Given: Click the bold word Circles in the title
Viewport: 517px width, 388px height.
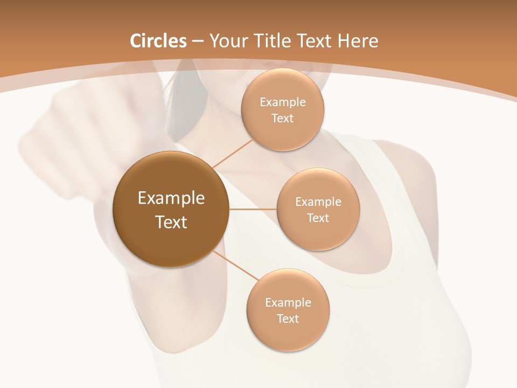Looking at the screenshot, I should coord(158,41).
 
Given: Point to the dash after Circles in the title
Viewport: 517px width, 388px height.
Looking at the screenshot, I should coord(198,41).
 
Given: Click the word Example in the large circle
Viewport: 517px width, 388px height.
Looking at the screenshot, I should coord(171,198).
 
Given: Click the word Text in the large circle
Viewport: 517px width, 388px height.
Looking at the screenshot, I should coord(171,222).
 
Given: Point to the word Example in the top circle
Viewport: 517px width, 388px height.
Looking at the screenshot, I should coord(283,102).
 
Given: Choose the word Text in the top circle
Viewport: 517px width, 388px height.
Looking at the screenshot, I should coord(283,119).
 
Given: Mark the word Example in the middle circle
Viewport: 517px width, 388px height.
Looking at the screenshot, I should coord(318,202).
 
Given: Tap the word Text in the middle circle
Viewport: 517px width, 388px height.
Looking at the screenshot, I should coord(318,218).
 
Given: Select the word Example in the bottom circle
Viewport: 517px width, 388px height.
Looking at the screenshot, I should coord(288,303).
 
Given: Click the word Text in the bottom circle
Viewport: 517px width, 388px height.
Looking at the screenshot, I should coord(288,319).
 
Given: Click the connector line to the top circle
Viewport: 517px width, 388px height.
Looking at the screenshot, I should coord(233,154).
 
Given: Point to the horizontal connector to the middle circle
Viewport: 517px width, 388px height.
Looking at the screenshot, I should coord(253,209).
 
